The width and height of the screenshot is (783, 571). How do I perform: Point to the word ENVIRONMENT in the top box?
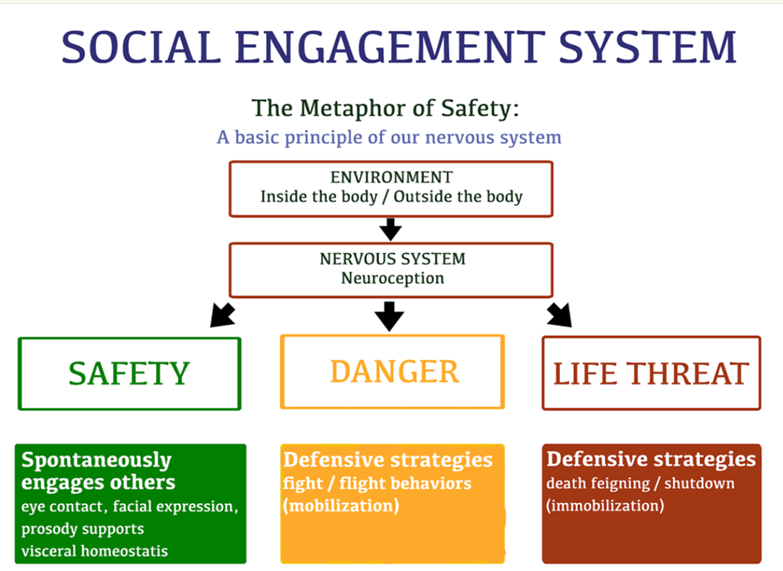pyautogui.click(x=391, y=177)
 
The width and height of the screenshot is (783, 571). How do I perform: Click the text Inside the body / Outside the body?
pyautogui.click(x=391, y=198)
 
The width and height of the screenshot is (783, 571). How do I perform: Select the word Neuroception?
pyautogui.click(x=391, y=278)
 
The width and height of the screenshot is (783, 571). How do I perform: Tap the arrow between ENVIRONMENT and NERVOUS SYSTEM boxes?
pyautogui.click(x=391, y=229)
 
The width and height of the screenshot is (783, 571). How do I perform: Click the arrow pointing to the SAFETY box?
pyautogui.click(x=221, y=315)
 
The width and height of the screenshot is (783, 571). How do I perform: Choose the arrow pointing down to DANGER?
pyautogui.click(x=390, y=316)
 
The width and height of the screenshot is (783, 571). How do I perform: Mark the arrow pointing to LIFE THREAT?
pyautogui.click(x=559, y=315)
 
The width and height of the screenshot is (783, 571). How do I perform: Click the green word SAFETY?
pyautogui.click(x=129, y=373)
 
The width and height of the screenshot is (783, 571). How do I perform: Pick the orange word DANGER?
pyautogui.click(x=394, y=371)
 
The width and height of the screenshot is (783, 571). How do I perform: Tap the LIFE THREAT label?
pyautogui.click(x=651, y=373)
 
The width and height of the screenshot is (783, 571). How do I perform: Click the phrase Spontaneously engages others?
pyautogui.click(x=97, y=471)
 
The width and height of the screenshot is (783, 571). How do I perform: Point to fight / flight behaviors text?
pyautogui.click(x=376, y=484)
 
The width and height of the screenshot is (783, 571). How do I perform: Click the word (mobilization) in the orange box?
pyautogui.click(x=340, y=506)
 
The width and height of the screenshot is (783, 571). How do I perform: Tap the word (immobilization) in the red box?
pyautogui.click(x=604, y=506)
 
